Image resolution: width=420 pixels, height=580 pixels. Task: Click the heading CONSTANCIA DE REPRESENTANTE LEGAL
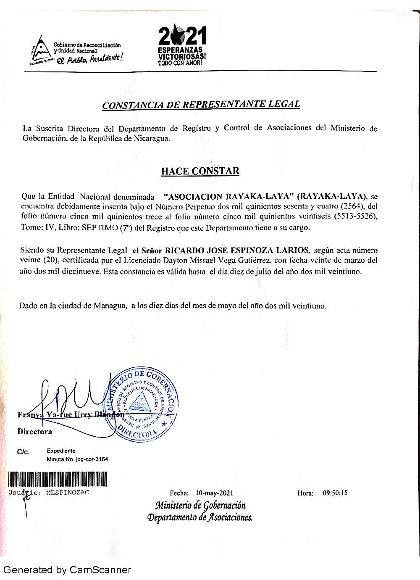[201, 104]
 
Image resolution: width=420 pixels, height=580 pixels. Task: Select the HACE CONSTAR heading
[200, 171]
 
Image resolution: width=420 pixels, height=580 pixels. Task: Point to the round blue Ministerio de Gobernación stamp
[142, 403]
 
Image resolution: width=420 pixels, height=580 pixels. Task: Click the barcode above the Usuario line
[58, 479]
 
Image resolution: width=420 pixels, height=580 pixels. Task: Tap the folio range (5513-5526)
[355, 216]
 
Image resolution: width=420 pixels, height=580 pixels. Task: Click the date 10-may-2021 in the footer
[214, 493]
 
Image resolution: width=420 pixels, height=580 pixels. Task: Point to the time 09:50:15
[335, 493]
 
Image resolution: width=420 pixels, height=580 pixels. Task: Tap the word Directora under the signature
[34, 432]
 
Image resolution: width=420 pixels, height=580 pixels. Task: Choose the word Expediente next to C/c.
[61, 451]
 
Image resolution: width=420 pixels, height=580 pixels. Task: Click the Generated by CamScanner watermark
[67, 570]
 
